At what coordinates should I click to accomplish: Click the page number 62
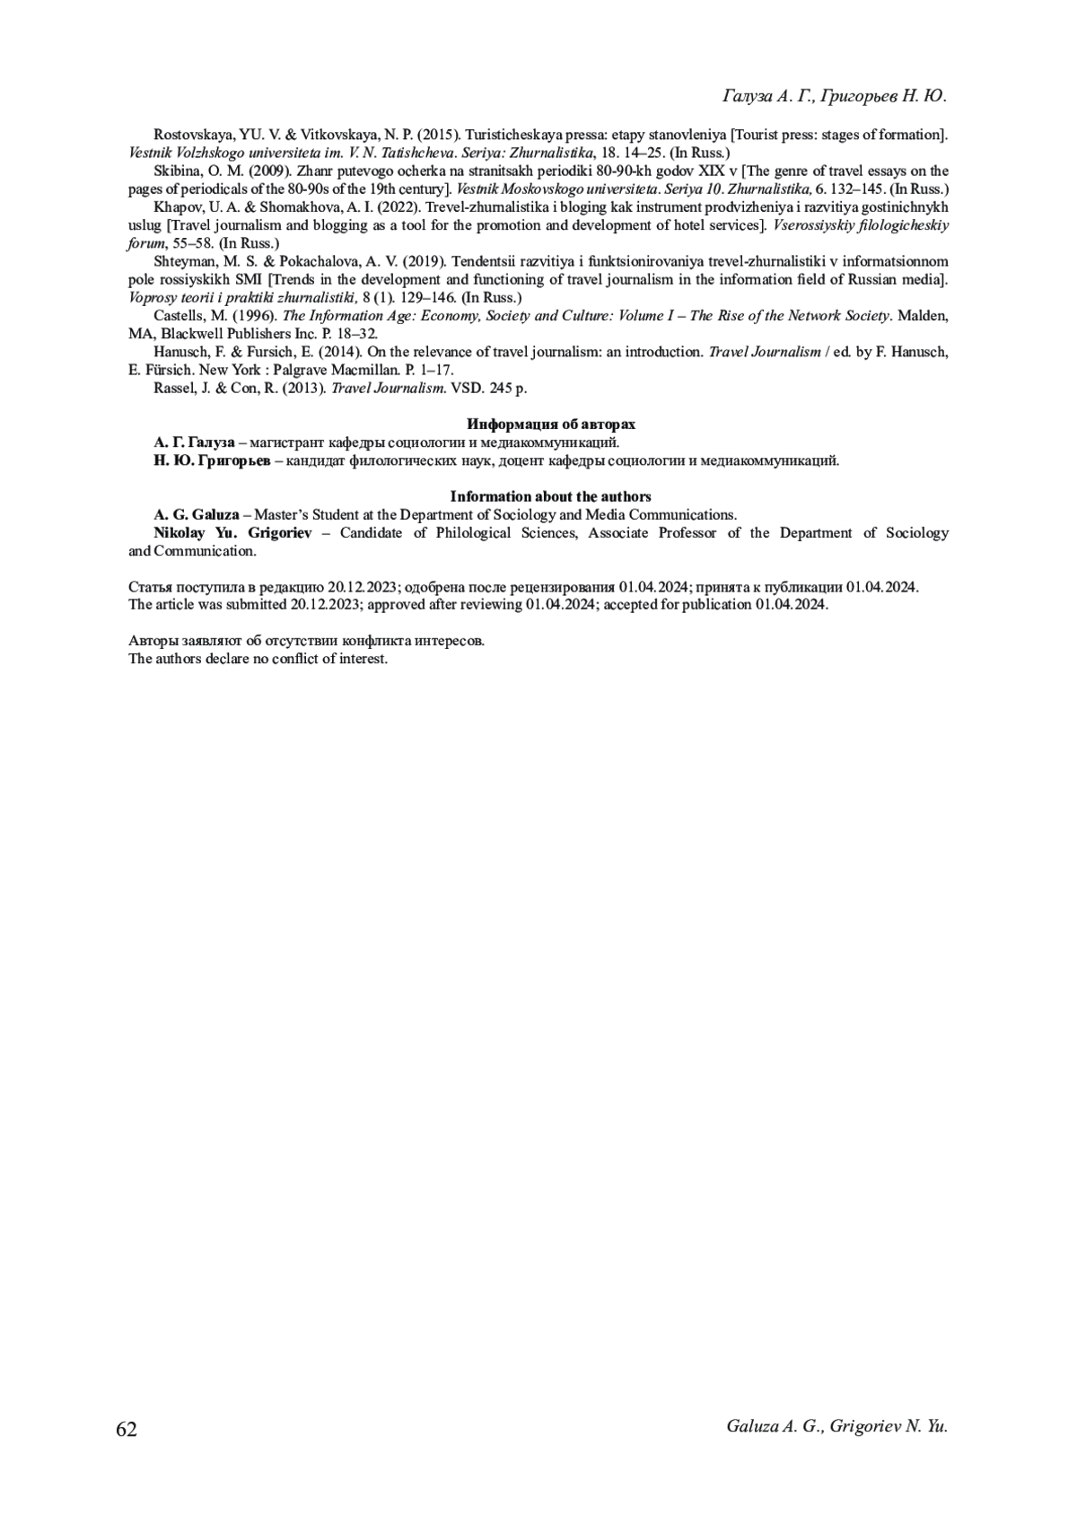(x=127, y=1429)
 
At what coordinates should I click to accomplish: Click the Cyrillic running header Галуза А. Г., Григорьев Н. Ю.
(x=835, y=96)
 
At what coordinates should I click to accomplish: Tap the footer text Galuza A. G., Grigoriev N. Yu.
(x=837, y=1426)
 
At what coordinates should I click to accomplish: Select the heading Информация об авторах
(x=550, y=425)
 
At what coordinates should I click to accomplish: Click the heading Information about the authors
(x=550, y=496)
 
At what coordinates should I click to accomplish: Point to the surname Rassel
(x=172, y=388)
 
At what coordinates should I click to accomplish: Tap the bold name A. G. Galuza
(x=196, y=515)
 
